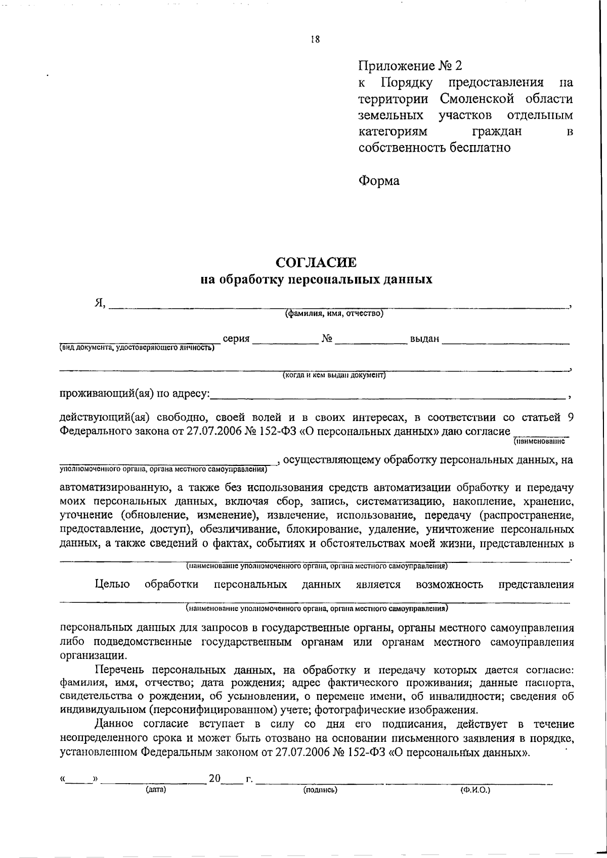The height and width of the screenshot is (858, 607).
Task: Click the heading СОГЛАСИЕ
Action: coord(316,262)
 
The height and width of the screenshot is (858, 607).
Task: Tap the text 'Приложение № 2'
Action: coord(410,66)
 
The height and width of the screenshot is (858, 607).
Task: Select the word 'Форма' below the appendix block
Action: coord(379,180)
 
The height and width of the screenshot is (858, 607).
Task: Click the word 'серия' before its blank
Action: coord(236,338)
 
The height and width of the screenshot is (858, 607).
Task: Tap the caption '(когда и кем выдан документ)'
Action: coord(334,375)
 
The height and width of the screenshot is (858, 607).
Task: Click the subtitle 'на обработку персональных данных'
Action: coord(316,279)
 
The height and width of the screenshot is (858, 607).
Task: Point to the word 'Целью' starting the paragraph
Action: coord(112,585)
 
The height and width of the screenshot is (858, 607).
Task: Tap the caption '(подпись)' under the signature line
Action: coord(320,789)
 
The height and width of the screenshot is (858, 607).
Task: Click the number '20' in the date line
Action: coord(214,779)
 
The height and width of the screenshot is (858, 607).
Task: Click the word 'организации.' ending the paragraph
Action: coord(91,656)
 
